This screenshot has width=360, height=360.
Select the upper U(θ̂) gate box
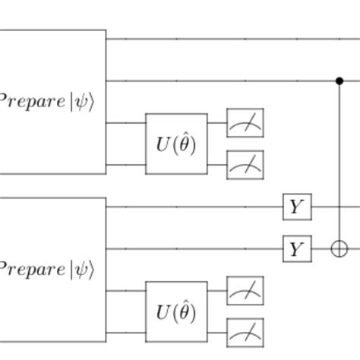pos(176,144)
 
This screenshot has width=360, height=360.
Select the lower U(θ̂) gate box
pos(176,311)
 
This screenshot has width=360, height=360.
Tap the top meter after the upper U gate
pos(245,123)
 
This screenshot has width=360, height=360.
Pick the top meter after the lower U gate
pos(245,291)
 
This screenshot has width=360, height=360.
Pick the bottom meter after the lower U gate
pos(245,331)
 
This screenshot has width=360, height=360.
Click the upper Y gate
pos(295,207)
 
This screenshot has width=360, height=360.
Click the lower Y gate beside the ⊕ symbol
pos(295,248)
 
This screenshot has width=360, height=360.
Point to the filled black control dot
pos(339,80)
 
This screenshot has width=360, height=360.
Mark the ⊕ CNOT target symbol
pos(339,248)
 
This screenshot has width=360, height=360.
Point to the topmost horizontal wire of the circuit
pos(228,38)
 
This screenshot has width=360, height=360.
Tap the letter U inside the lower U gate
pos(163,311)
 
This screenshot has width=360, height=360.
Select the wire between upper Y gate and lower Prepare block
pos(194,207)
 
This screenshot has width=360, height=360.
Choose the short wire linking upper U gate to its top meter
pos(216,123)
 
